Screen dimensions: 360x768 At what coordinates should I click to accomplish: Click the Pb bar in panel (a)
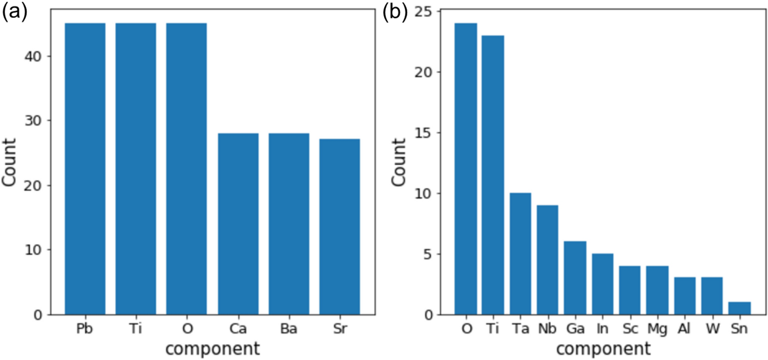click(85, 169)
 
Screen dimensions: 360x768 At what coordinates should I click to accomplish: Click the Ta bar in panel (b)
click(520, 253)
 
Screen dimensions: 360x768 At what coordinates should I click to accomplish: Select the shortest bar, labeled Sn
click(739, 308)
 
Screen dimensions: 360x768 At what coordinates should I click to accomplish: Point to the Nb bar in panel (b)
click(547, 260)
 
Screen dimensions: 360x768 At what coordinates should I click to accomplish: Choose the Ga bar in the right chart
click(575, 278)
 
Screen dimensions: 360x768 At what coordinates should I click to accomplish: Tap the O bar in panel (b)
click(466, 169)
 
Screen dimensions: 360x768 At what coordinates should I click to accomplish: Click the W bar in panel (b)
click(712, 296)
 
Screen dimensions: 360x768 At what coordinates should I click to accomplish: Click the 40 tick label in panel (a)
click(39, 56)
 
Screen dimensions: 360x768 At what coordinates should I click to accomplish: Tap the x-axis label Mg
click(657, 329)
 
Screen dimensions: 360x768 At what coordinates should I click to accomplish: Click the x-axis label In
click(602, 329)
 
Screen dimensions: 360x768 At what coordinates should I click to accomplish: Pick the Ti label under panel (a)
click(136, 329)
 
